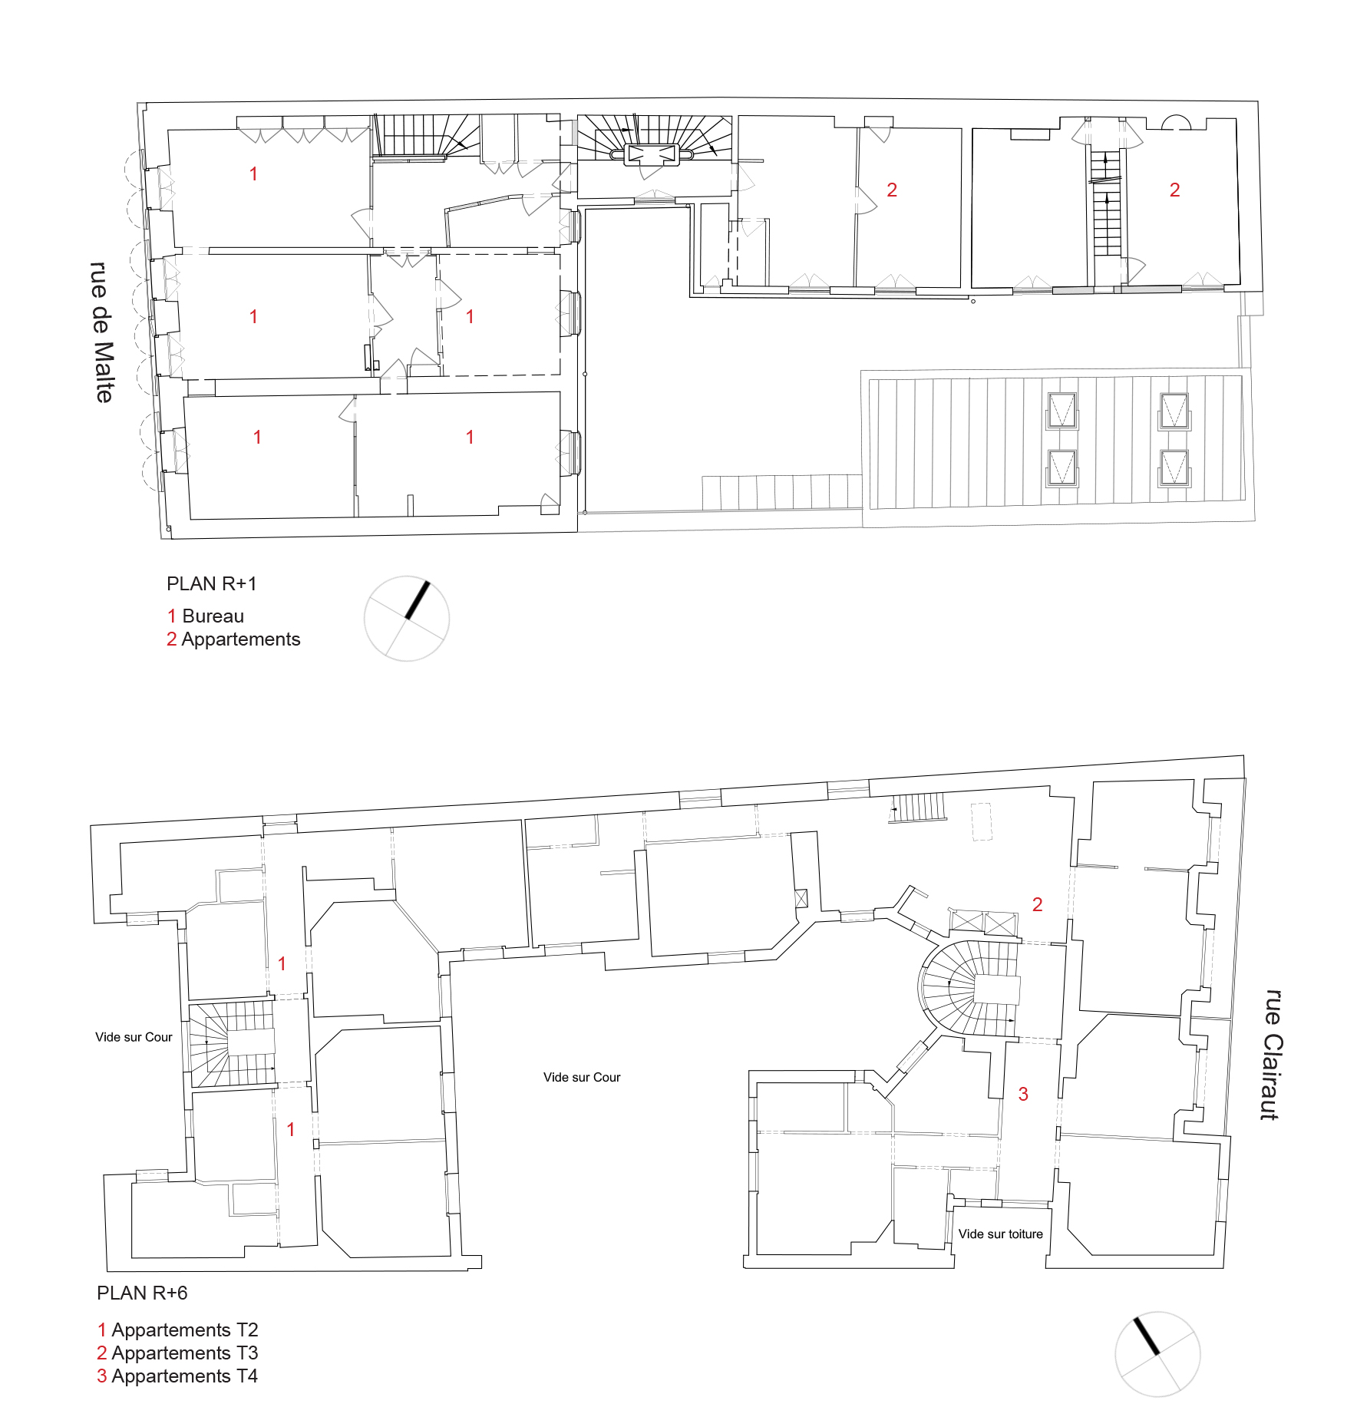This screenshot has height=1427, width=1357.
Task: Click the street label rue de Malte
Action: [102, 332]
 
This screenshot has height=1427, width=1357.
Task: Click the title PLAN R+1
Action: [212, 584]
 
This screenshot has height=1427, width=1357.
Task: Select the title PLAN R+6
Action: [142, 1293]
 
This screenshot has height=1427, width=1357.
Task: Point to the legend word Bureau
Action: [213, 616]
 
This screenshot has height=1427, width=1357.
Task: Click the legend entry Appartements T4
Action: [185, 1376]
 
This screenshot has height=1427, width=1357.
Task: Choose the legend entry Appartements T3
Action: [185, 1353]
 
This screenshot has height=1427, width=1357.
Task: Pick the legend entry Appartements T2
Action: [185, 1330]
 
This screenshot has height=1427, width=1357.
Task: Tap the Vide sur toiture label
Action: [1001, 1234]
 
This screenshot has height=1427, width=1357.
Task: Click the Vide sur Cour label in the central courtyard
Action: [582, 1078]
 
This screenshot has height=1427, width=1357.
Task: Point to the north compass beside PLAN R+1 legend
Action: [407, 619]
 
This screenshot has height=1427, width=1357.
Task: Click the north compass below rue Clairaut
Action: [1157, 1354]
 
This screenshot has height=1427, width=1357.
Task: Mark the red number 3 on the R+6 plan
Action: [1023, 1095]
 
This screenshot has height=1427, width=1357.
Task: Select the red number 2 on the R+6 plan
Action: [1038, 905]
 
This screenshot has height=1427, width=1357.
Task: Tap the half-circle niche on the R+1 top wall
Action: [1175, 122]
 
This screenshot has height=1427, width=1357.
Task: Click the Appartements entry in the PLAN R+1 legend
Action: [241, 640]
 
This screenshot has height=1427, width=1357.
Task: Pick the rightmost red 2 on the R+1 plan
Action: [1174, 190]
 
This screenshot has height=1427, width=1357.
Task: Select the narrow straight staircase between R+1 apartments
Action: [1106, 203]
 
